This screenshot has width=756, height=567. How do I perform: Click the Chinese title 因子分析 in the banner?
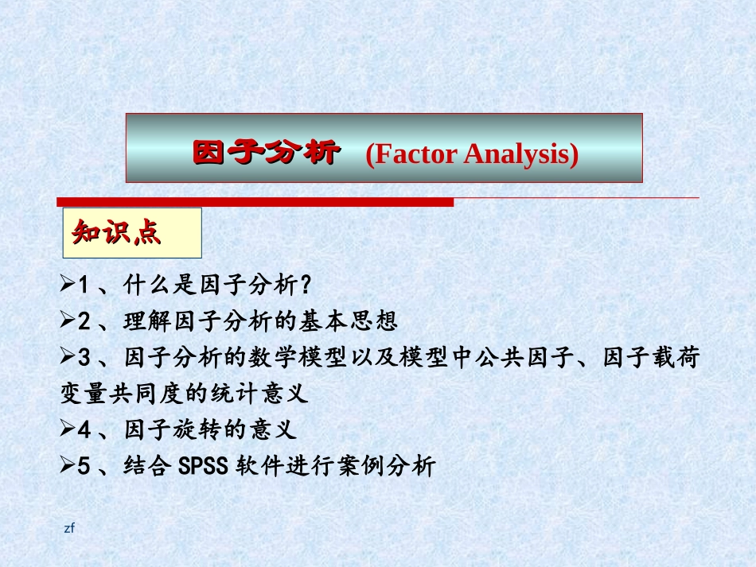click(266, 152)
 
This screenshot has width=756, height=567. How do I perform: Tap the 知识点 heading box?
click(131, 232)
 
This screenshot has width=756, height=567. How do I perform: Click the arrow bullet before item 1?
click(68, 284)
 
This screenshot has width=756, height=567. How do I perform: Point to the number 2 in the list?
click(85, 321)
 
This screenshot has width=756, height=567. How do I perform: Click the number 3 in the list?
click(85, 359)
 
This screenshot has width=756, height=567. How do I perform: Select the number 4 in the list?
click(85, 430)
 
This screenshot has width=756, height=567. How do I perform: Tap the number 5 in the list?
click(85, 467)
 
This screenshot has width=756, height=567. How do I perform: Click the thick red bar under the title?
click(255, 203)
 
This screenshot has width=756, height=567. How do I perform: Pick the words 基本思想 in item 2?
click(353, 321)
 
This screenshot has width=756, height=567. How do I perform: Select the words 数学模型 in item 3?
click(302, 359)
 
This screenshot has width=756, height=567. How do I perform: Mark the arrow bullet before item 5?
click(68, 467)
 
